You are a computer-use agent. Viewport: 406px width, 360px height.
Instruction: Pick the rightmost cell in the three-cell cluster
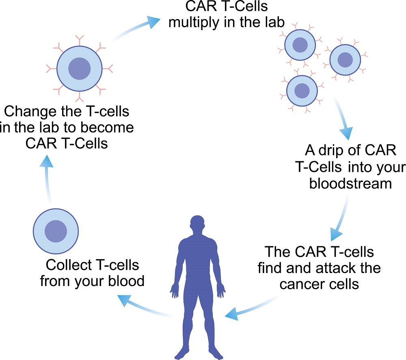coord(345,60)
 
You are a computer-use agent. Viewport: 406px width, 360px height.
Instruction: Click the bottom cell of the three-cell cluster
coord(302,90)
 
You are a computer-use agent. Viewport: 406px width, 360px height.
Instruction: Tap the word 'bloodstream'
coord(350,183)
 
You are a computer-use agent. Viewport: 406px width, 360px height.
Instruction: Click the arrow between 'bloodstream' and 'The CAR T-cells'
coord(341,220)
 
